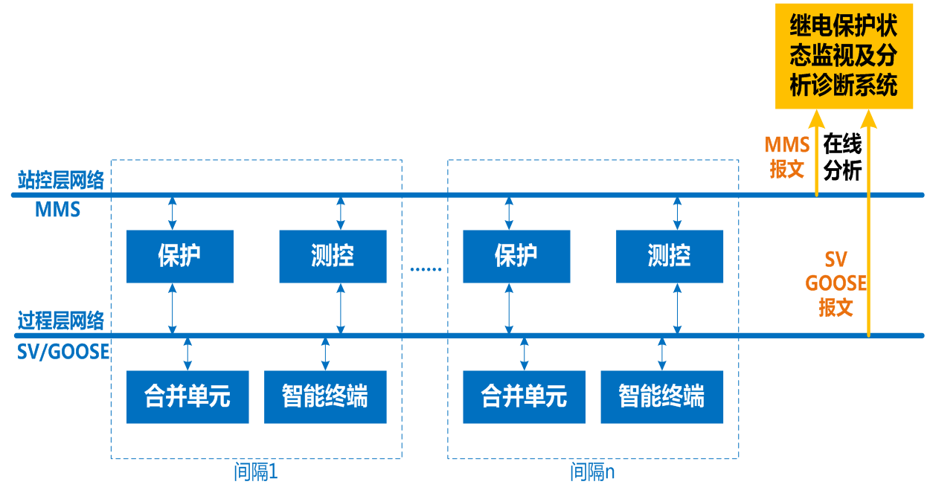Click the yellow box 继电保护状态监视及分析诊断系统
click(844, 57)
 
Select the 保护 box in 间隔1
click(179, 257)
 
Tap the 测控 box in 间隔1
click(333, 257)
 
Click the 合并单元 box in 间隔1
click(187, 397)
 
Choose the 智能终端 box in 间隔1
click(325, 397)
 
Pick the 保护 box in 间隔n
click(516, 257)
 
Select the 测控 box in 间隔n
click(670, 257)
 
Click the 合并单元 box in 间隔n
click(524, 397)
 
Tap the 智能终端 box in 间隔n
click(661, 397)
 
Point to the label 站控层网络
click(61, 180)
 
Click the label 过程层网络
click(61, 321)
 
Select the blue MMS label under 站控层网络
click(57, 210)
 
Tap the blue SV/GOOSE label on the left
click(63, 352)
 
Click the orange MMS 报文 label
click(787, 156)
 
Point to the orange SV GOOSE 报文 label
click(836, 283)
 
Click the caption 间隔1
click(255, 472)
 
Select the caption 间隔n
click(592, 472)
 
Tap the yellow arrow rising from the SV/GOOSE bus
click(868, 223)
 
